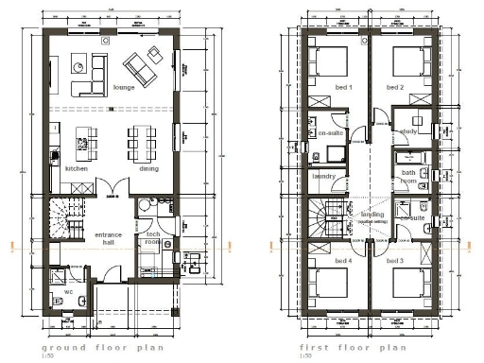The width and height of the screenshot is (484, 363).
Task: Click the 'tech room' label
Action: (150, 237)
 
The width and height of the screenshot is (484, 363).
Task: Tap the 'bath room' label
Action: (408, 176)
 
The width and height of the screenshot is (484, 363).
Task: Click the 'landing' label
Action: (372, 215)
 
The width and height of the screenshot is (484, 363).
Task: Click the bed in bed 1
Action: (332, 64)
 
